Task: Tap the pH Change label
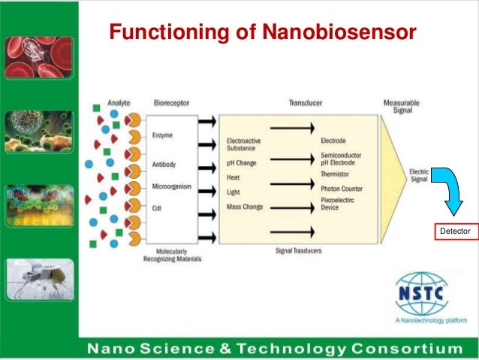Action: (x=243, y=162)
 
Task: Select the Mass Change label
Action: (x=246, y=206)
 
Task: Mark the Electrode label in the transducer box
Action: (x=333, y=141)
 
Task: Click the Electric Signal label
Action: (x=419, y=175)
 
